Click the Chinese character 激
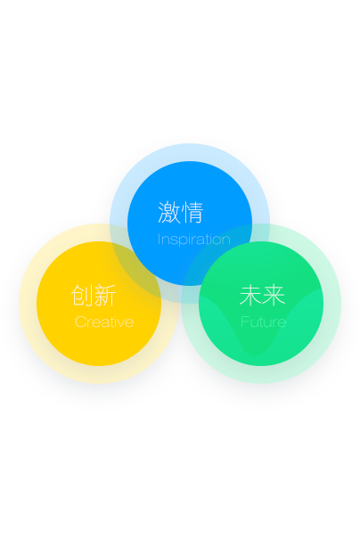pyautogui.click(x=168, y=212)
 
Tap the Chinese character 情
pyautogui.click(x=192, y=212)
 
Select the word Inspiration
pyautogui.click(x=193, y=240)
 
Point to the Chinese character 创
pyautogui.click(x=82, y=295)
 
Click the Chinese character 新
pyautogui.click(x=105, y=295)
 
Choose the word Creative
pyautogui.click(x=104, y=321)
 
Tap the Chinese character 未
pyautogui.click(x=250, y=295)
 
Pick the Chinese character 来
pyautogui.click(x=274, y=295)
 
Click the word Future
pyautogui.click(x=263, y=321)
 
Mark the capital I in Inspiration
pyautogui.click(x=159, y=239)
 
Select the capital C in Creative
pyautogui.click(x=80, y=321)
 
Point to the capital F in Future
pyautogui.click(x=244, y=321)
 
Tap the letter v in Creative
pyautogui.click(x=122, y=323)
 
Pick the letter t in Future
pyautogui.click(x=260, y=322)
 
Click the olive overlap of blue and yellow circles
pyautogui.click(x=136, y=272)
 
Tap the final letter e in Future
pyautogui.click(x=282, y=323)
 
